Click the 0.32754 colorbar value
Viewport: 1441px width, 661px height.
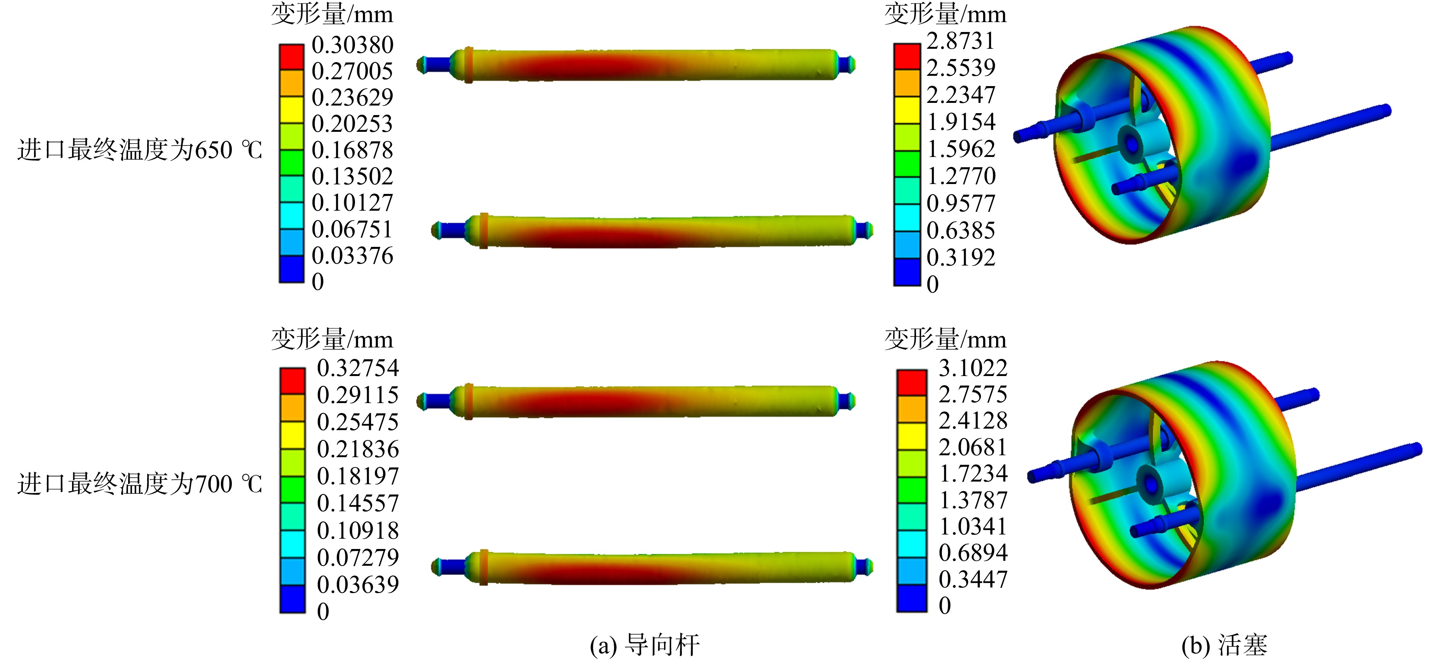pos(358,368)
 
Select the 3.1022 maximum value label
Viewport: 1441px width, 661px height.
pos(973,368)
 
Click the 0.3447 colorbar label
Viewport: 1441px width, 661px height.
pos(973,580)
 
